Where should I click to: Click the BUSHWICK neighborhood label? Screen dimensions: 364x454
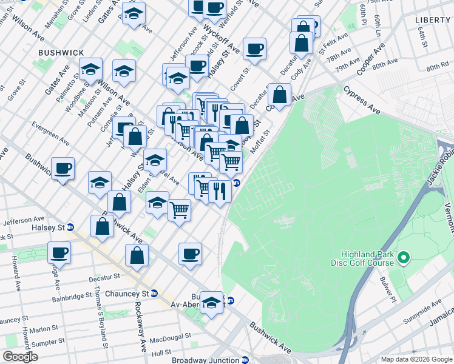point(61,53)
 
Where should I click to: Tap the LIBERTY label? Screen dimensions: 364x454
point(432,20)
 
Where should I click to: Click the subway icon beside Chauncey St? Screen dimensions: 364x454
point(154,293)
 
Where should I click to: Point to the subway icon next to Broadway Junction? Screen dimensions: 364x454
point(245,360)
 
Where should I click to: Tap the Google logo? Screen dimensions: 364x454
point(20,357)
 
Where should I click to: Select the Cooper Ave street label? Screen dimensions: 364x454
point(371,59)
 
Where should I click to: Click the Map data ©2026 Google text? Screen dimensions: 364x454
point(416,359)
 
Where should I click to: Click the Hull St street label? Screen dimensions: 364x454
point(161,352)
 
